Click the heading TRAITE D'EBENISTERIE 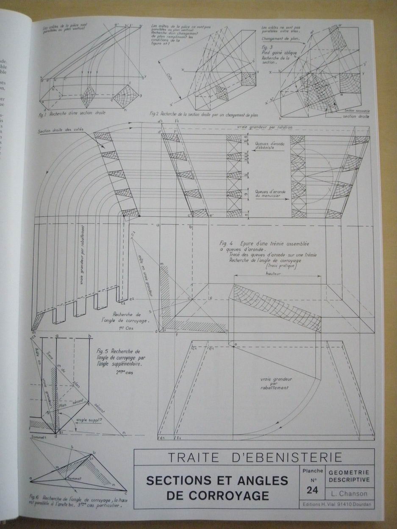click(x=255, y=457)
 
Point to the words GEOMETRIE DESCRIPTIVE click(x=349, y=476)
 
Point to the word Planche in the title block click(x=313, y=471)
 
